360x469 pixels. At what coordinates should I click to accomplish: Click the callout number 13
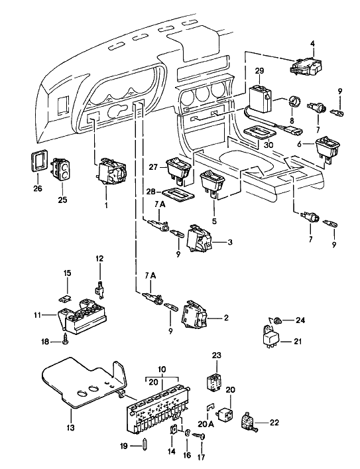coord(70,428)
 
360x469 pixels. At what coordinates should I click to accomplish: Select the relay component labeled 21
coord(270,337)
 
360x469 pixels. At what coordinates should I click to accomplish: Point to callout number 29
coord(259,71)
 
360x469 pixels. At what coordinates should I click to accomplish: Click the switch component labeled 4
coord(306,67)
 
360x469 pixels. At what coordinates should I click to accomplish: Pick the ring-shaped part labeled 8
coord(294,103)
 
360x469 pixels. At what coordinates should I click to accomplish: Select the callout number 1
coord(106,206)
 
